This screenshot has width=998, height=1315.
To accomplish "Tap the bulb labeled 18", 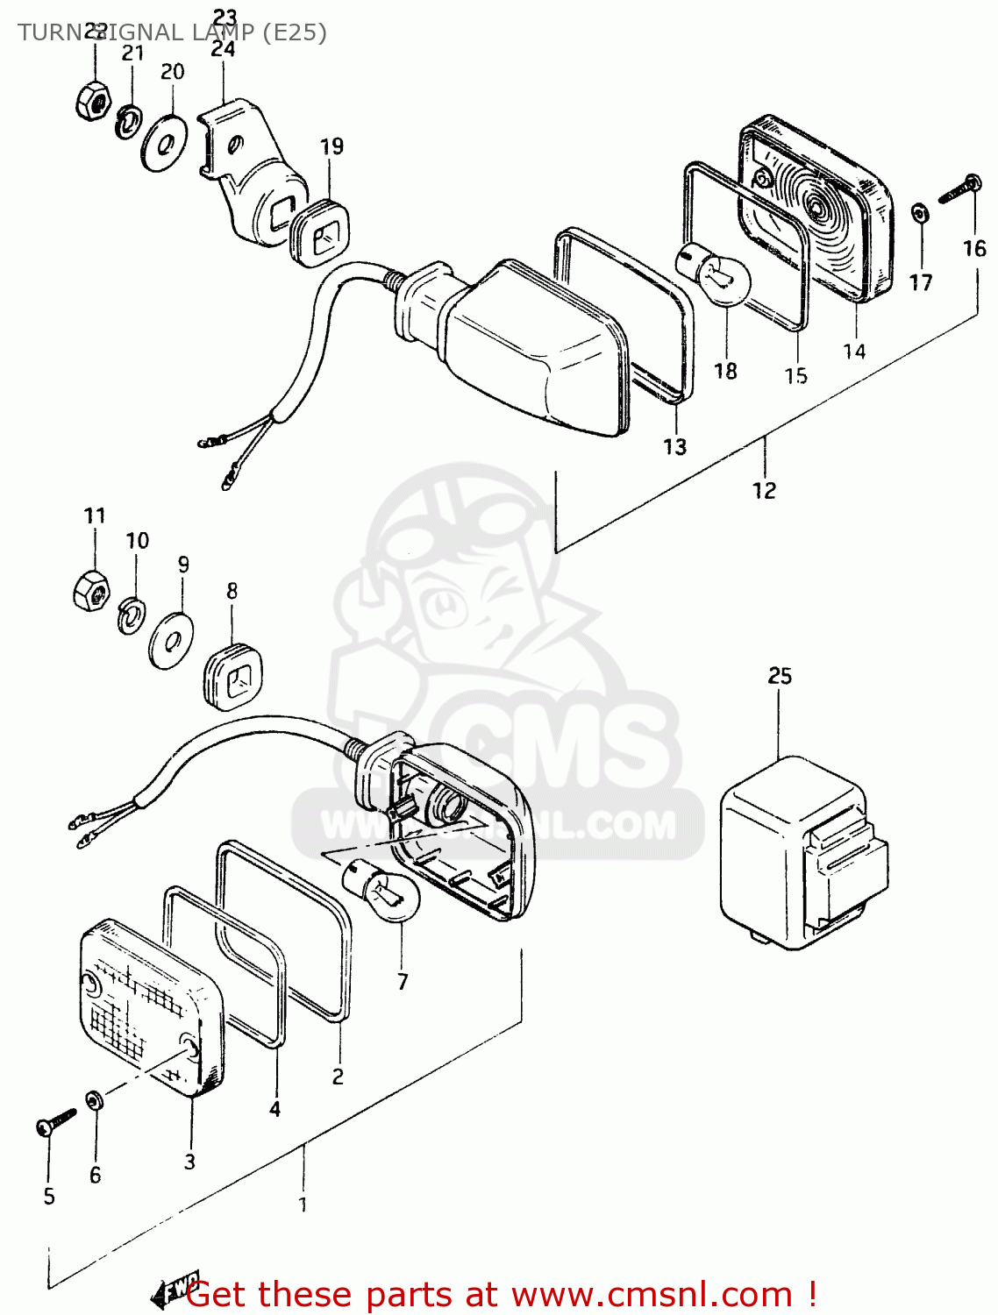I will tap(714, 274).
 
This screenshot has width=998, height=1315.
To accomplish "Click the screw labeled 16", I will tap(959, 188).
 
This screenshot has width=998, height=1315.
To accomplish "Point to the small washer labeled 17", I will tap(919, 213).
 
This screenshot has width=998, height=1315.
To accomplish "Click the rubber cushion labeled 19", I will tap(321, 230).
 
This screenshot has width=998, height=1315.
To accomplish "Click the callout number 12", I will tap(764, 490).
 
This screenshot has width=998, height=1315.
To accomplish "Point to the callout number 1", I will tap(303, 1205).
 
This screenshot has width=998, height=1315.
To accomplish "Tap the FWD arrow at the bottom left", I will tap(175, 1289).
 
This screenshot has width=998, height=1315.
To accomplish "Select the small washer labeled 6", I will tap(94, 1099).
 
